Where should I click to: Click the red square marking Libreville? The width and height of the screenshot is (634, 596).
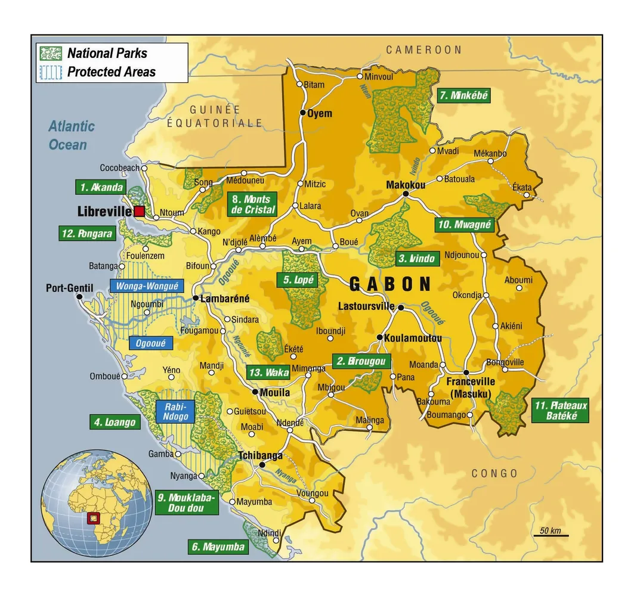point(139,211)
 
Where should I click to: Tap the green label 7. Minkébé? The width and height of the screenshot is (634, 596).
point(463,95)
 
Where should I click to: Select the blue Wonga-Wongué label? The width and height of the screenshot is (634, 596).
point(147,286)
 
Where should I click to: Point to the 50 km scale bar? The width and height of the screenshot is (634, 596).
point(551,535)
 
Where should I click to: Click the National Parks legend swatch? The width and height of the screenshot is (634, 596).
point(51,53)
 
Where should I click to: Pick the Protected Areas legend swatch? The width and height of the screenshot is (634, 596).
point(51,72)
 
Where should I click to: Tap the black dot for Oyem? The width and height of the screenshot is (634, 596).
point(303,113)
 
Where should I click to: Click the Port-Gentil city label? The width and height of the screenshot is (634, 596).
point(70,288)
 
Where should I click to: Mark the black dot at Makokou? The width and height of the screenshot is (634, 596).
point(406,194)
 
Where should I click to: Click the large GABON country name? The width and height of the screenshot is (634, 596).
point(389,284)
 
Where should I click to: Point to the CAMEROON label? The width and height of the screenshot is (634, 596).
point(424,50)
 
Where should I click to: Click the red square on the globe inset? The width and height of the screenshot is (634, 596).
point(93,517)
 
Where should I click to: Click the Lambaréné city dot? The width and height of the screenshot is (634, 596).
point(195,297)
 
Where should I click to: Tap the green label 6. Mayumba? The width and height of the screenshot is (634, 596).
point(218,547)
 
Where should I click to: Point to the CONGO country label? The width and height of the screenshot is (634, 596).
point(494,473)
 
